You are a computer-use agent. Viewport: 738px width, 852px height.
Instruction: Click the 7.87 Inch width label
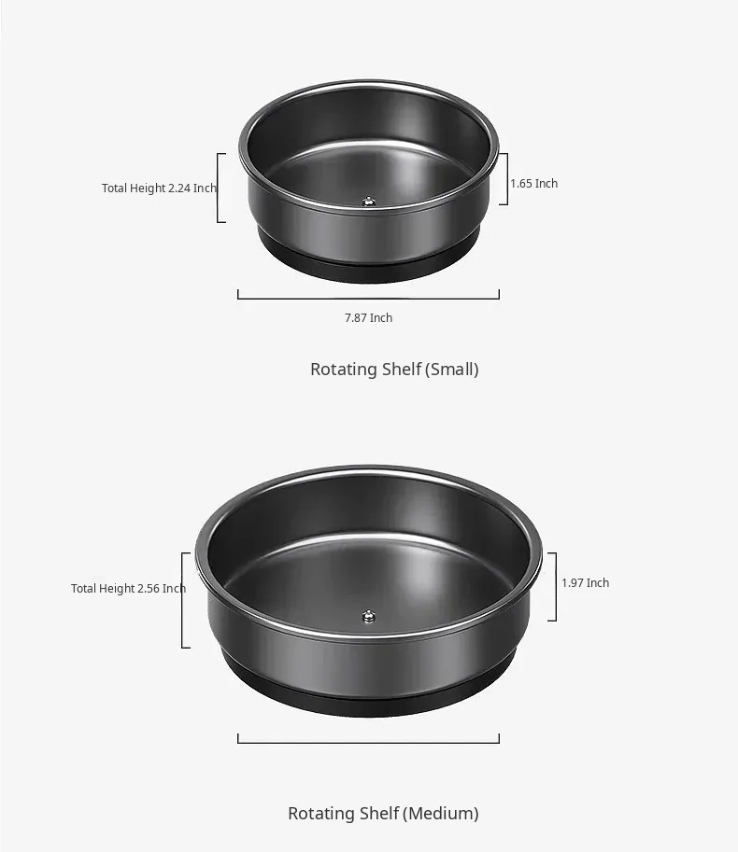(368, 318)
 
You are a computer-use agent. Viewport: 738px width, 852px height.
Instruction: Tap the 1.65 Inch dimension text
(533, 184)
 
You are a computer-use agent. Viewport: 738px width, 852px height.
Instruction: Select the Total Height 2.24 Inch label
(159, 188)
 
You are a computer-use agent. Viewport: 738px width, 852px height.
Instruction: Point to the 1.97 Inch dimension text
(585, 583)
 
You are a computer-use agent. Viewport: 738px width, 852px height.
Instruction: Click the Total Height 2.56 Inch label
(128, 589)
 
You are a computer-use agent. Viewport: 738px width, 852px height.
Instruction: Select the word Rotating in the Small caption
(345, 370)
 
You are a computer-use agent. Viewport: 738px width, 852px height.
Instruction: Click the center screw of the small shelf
(369, 203)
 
